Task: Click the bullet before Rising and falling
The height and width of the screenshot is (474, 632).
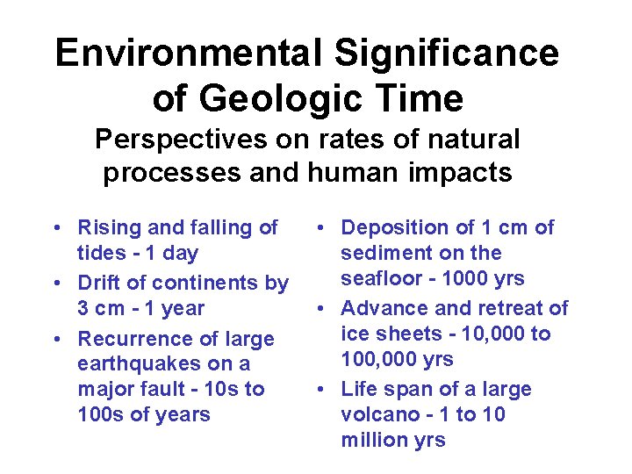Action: pyautogui.click(x=56, y=228)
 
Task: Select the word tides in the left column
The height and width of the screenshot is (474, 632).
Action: pyautogui.click(x=100, y=254)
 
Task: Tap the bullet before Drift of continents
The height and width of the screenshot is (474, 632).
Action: pyautogui.click(x=56, y=284)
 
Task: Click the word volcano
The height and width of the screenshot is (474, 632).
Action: pyautogui.click(x=377, y=414)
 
